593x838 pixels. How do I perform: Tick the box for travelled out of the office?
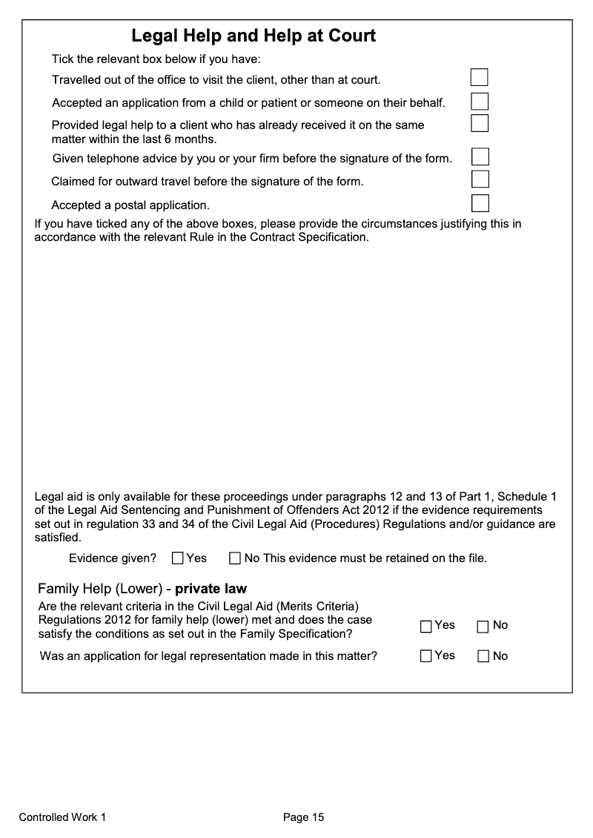pos(480,77)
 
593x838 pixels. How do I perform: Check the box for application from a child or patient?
pos(480,101)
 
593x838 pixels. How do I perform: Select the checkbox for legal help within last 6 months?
pos(480,122)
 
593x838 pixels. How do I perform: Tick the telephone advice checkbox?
pos(480,156)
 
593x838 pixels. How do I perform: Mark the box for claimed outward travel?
pos(480,179)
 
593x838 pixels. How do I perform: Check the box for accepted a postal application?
pos(480,202)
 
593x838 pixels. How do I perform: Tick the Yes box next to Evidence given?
pos(178,558)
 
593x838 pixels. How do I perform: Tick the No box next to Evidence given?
pos(235,558)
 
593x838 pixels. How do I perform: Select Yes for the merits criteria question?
pos(426,627)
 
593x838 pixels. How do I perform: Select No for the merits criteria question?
pos(483,627)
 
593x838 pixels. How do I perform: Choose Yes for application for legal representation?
pos(426,656)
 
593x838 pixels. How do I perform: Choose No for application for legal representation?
pos(483,656)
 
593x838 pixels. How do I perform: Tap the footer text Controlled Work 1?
pos(62,818)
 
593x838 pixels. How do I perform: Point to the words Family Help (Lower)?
pos(99,590)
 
